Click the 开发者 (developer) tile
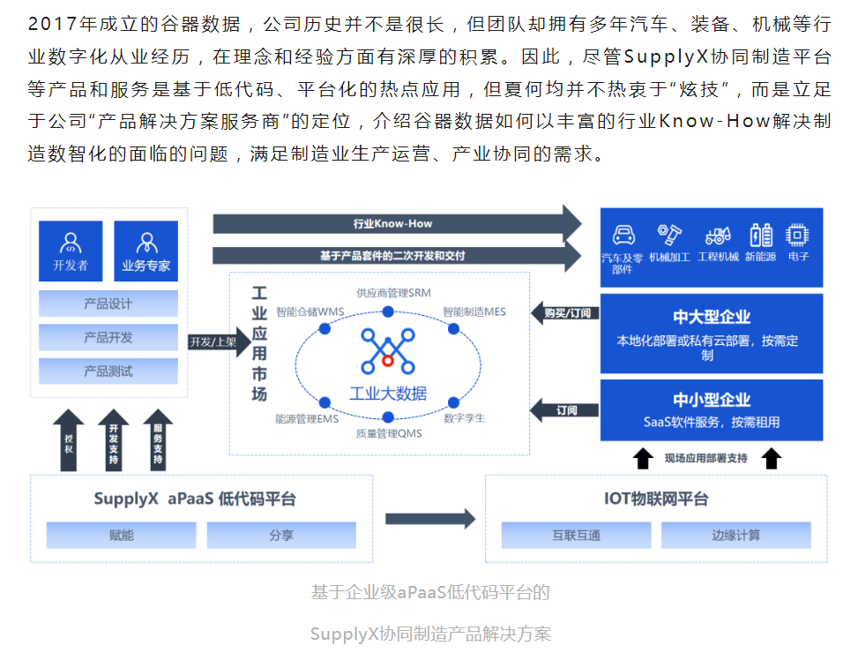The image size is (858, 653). click(71, 251)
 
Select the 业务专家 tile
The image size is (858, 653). click(145, 251)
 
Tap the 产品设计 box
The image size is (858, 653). click(108, 304)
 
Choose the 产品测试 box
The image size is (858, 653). click(108, 372)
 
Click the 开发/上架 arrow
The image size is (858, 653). click(214, 342)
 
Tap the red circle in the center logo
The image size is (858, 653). click(388, 361)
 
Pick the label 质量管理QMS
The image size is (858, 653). click(389, 433)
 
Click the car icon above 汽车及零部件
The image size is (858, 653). click(623, 235)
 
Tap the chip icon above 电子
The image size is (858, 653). click(799, 235)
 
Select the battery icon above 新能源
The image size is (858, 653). click(761, 235)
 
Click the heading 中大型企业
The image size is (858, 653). click(712, 317)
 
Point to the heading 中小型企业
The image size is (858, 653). click(712, 400)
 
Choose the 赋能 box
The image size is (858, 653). click(122, 535)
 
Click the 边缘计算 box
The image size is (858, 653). click(736, 535)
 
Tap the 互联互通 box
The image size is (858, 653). click(576, 535)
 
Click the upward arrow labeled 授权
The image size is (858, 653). click(71, 439)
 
